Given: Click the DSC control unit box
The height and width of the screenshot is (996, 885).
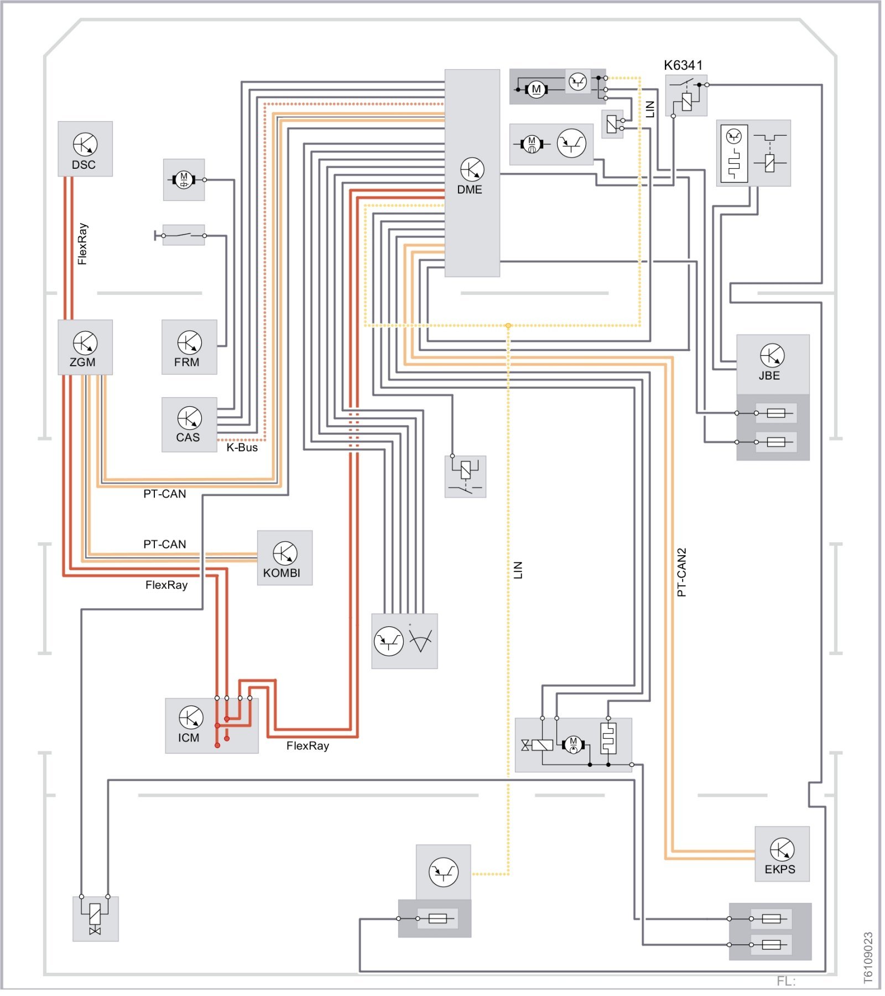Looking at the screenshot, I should (85, 149).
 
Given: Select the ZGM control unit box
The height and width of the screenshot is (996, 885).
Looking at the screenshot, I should (85, 347).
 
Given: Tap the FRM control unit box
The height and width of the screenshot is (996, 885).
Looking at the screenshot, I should (189, 347).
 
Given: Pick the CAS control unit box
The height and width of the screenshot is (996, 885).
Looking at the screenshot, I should (189, 424).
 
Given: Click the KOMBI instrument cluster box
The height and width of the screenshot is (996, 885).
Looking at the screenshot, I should (284, 558).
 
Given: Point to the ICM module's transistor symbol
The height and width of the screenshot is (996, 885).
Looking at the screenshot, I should (191, 717).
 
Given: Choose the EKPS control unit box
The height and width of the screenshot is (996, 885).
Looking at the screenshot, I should (782, 854).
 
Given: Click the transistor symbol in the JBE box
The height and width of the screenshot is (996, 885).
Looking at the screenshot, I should (772, 355).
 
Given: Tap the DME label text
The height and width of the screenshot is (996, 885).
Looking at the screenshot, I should (469, 190).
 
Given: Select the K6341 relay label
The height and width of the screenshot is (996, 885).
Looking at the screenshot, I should (683, 65).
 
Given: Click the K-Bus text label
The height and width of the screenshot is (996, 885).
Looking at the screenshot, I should (242, 448).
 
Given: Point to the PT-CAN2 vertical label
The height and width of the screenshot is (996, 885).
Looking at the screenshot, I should (681, 572).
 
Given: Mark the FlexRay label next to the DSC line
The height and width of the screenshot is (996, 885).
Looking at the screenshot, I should (82, 244).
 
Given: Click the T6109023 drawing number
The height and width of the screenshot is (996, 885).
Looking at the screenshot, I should (868, 958).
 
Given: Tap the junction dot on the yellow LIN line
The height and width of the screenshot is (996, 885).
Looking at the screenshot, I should (508, 326).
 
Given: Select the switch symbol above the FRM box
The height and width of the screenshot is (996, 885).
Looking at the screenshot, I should (184, 235).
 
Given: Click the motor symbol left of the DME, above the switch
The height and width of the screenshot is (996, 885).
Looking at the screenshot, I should (184, 180).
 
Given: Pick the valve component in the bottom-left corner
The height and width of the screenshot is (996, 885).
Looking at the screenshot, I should (95, 919).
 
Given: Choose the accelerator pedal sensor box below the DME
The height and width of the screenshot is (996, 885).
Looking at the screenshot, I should (404, 641).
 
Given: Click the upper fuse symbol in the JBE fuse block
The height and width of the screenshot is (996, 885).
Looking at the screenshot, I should (776, 413).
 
